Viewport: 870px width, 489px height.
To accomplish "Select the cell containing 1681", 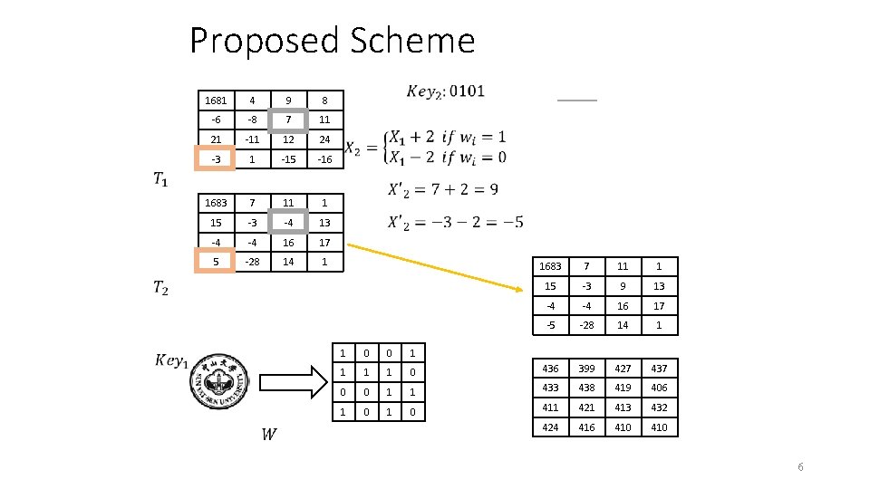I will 217,100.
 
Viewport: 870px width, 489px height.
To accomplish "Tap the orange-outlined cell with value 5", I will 216,263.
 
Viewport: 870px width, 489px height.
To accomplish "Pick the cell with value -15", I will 289,159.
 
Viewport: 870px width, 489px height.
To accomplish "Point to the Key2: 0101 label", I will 445,91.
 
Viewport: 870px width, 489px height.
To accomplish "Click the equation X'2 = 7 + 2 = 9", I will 443,190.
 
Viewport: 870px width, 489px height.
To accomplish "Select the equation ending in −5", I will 455,223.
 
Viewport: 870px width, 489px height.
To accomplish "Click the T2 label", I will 159,288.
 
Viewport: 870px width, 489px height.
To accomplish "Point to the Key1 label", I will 172,360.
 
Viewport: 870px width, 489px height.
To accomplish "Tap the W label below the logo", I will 269,435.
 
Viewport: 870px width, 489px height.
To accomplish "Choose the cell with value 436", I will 550,369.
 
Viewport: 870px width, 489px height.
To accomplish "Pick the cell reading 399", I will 586,369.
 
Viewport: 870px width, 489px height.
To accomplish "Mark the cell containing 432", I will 659,408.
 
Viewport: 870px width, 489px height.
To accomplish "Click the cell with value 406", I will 659,388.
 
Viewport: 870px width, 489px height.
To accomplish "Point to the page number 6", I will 800,466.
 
